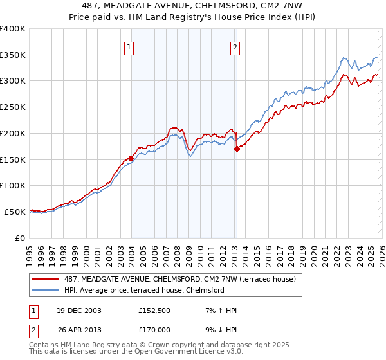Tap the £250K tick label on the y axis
click(x=13, y=107)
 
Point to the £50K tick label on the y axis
click(x=15, y=212)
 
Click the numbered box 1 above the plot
click(x=129, y=47)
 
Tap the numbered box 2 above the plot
click(x=235, y=47)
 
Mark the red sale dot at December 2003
click(x=131, y=157)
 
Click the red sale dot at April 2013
click(x=237, y=148)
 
